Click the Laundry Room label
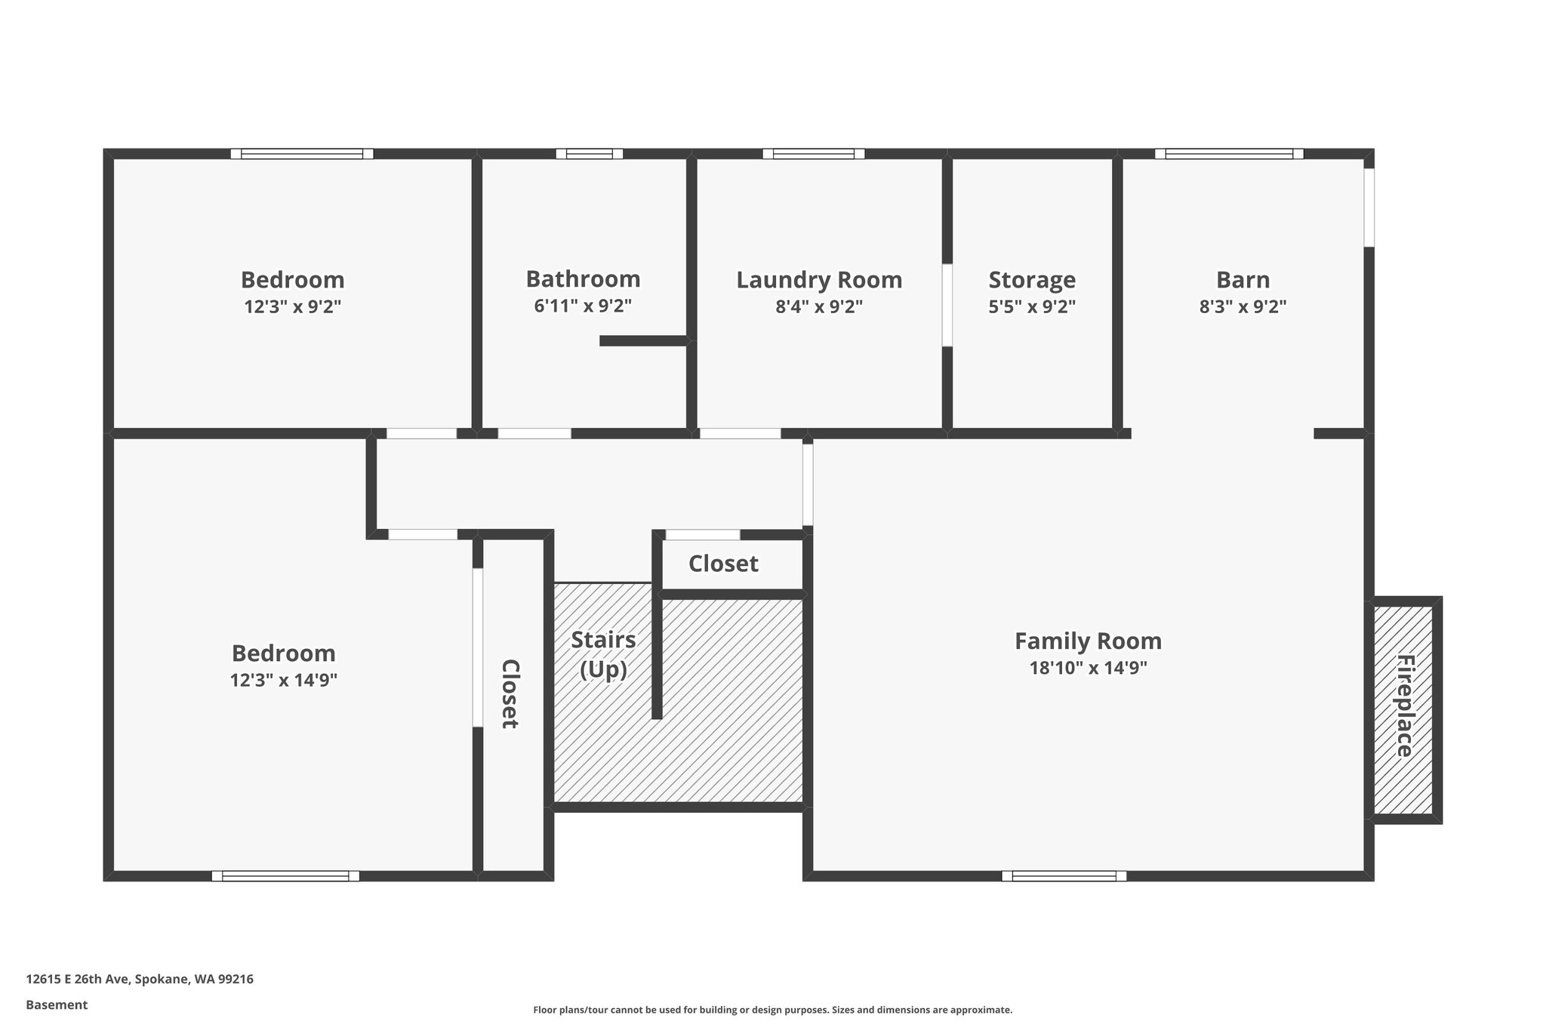coord(819,280)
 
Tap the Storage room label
coord(1032,280)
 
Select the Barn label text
coord(1243,280)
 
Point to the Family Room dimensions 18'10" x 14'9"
coord(1088,668)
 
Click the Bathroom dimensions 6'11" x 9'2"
coord(583,306)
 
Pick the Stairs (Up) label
coord(603,654)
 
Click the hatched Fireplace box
coord(1403,710)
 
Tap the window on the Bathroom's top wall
coord(590,154)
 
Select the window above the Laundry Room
coord(813,154)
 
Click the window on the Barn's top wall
coord(1229,154)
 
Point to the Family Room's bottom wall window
coord(1064,876)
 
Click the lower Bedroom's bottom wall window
coord(285,876)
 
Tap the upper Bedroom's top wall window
coord(302,154)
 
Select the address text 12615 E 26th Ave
coord(79,979)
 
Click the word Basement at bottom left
coord(57,1004)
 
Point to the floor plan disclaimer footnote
coord(773,1010)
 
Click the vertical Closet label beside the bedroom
coord(510,693)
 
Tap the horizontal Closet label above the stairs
coord(723,564)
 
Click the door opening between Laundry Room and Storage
coord(947,305)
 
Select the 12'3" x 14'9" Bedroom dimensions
coord(283,680)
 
